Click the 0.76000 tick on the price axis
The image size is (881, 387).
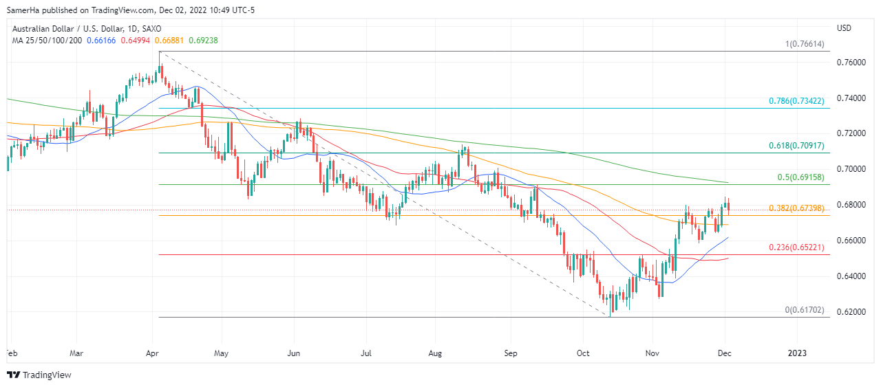(x=851, y=63)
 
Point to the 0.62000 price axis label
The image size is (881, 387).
(x=851, y=312)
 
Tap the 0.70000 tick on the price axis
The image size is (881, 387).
(x=851, y=169)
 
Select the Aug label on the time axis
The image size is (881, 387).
(x=434, y=353)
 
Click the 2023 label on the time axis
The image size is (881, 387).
(x=797, y=353)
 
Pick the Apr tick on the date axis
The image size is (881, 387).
(x=153, y=353)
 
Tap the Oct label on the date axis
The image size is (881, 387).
(x=582, y=353)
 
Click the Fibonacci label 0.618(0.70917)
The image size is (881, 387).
(x=796, y=146)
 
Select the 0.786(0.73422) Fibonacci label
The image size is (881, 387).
(x=796, y=101)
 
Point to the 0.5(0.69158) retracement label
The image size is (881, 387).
(x=800, y=177)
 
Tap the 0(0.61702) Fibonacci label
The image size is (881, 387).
(x=804, y=310)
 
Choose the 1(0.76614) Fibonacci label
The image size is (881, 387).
(x=804, y=45)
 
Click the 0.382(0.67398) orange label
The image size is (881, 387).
(x=796, y=208)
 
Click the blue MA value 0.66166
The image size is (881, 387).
(x=102, y=41)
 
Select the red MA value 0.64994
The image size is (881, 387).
(x=136, y=41)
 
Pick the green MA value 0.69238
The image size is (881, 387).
(x=203, y=41)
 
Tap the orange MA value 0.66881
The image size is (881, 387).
(x=169, y=41)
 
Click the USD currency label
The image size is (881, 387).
(x=845, y=28)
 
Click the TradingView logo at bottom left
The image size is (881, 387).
(x=39, y=375)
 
